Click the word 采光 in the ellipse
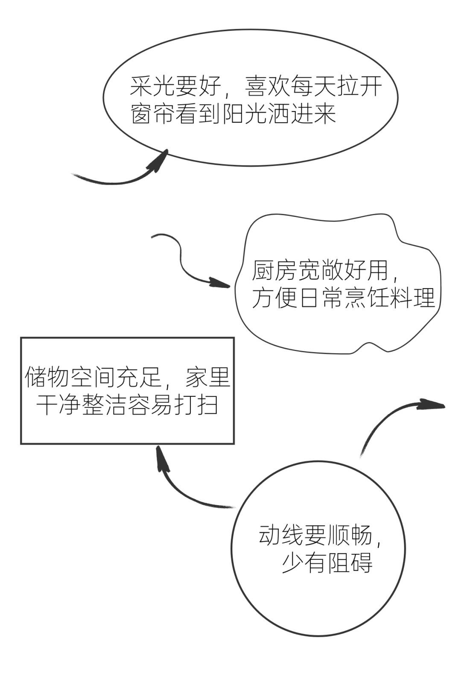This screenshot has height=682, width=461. (152, 87)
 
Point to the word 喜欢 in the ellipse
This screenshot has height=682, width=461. (267, 87)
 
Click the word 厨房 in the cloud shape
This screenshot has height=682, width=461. (274, 271)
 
